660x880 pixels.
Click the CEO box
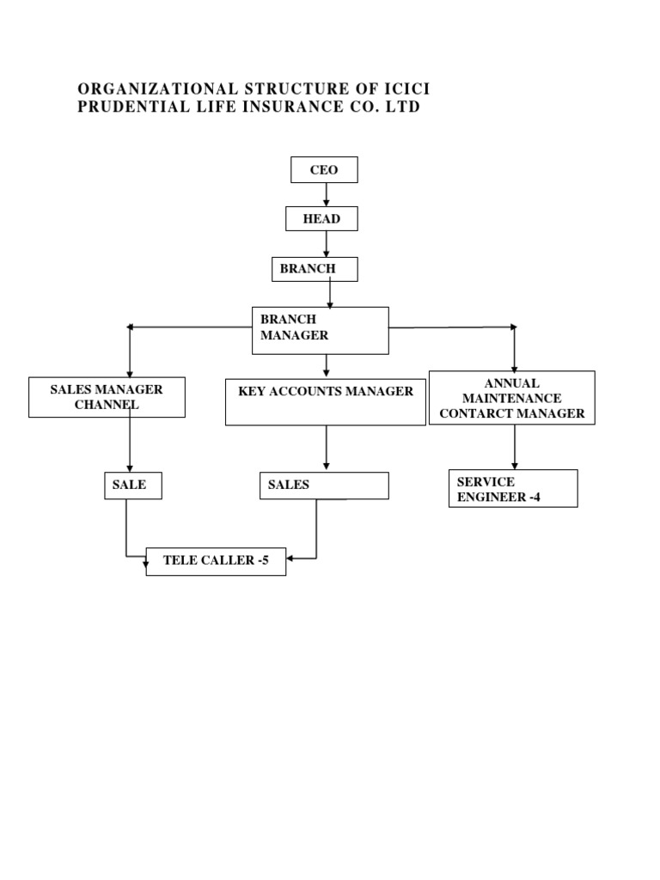[324, 170]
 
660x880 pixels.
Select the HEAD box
[321, 219]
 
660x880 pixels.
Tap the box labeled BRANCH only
[315, 269]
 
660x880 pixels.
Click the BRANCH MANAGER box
[320, 330]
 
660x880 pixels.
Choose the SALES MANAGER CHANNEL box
[107, 397]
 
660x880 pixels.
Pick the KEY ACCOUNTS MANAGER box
[326, 401]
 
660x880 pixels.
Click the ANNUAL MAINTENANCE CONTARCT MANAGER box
[512, 398]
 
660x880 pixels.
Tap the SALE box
[132, 486]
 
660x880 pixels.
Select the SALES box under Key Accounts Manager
[324, 486]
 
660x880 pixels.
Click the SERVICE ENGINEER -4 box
[513, 488]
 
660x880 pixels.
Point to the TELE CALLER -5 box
[216, 561]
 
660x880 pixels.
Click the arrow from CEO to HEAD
[327, 195]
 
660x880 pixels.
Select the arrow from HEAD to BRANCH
[327, 244]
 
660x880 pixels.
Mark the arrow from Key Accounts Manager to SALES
[327, 448]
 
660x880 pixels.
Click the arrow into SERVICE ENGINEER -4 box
[515, 446]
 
